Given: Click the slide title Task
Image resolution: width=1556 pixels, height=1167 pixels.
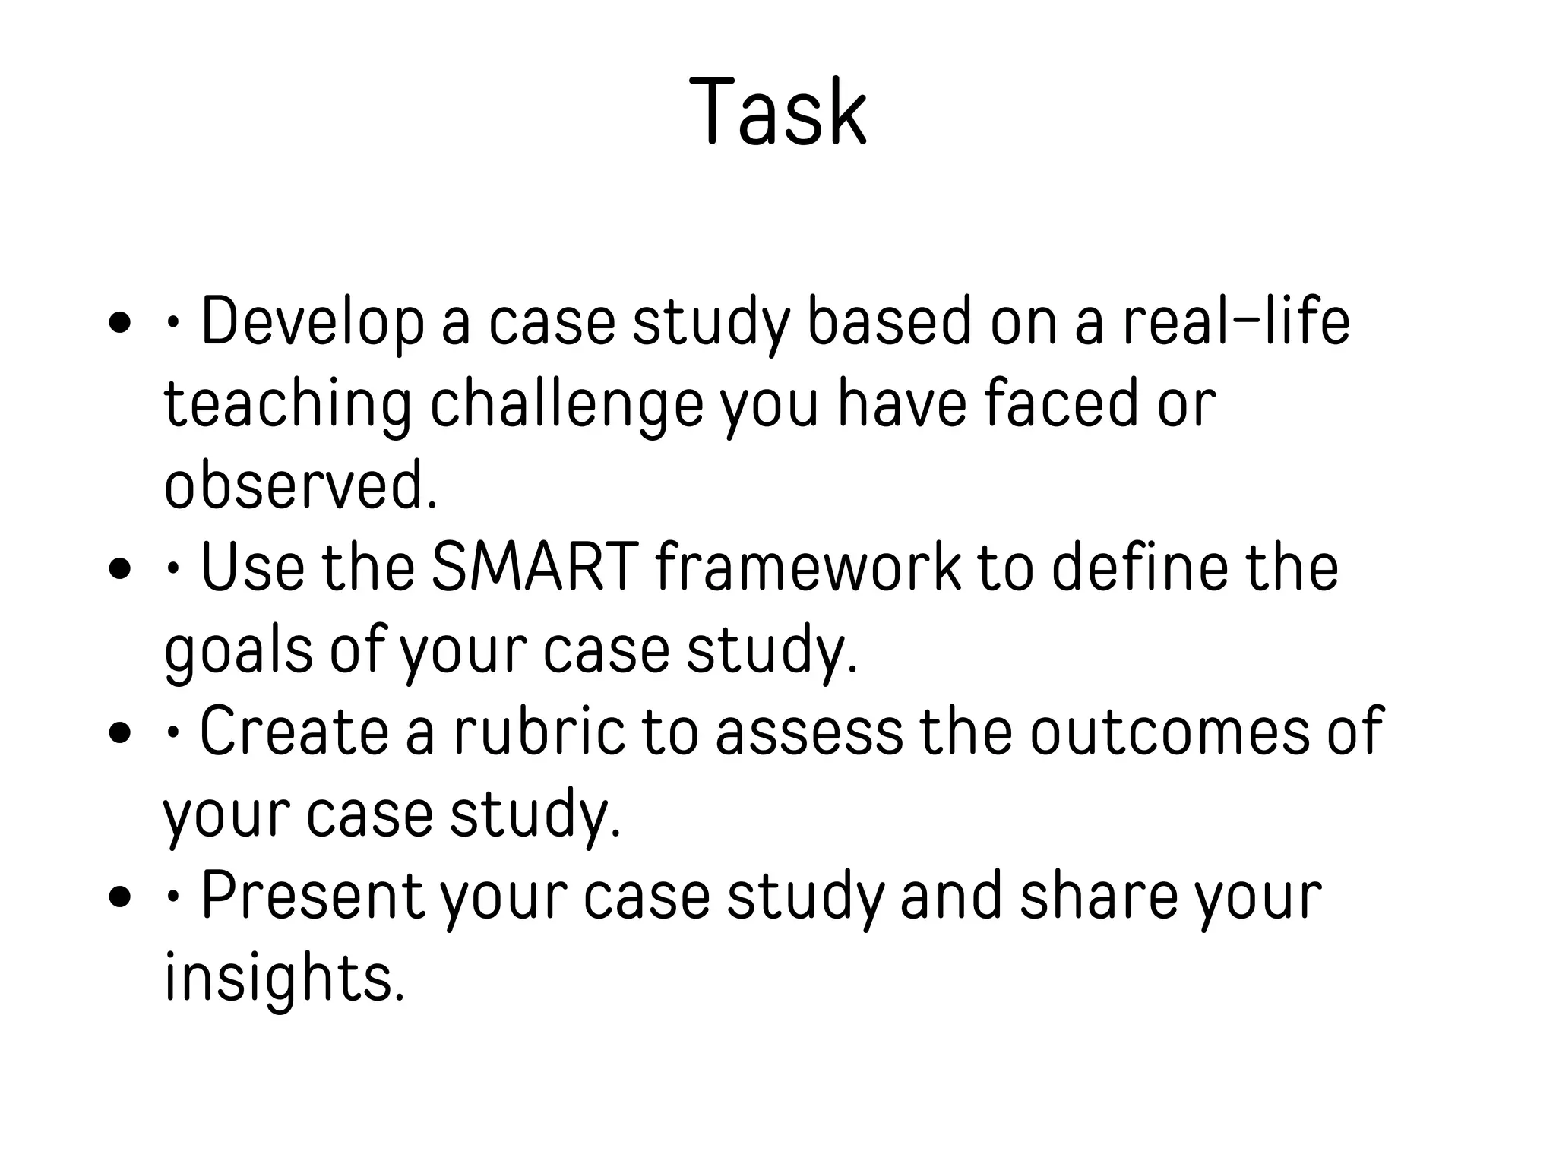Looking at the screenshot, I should click(778, 112).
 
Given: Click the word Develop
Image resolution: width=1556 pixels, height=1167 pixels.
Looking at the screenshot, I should click(312, 322).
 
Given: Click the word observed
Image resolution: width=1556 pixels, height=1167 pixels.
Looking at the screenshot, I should click(301, 485).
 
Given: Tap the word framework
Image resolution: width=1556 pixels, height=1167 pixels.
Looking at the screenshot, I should click(808, 568).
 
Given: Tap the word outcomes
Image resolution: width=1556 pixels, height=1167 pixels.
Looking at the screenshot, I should click(1170, 732).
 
